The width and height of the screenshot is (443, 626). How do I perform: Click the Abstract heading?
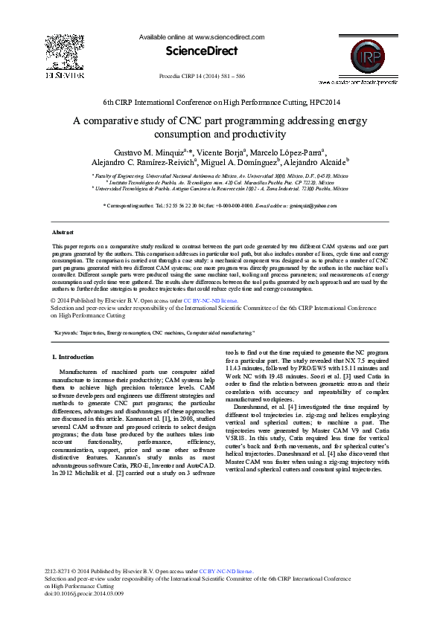point(63,233)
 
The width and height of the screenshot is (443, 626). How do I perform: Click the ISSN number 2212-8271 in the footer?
point(60,572)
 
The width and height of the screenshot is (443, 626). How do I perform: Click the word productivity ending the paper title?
point(258,135)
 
